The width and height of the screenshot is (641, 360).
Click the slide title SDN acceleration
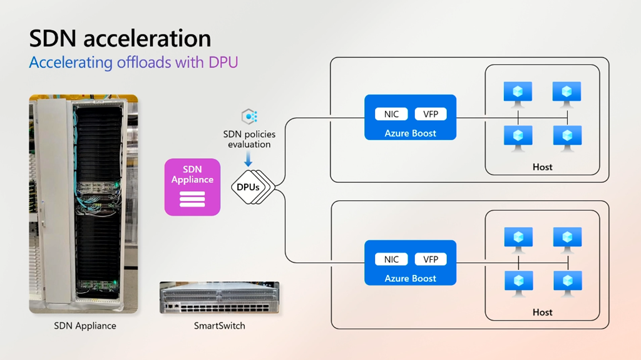coord(120,39)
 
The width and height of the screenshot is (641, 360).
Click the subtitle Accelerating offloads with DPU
coord(133,63)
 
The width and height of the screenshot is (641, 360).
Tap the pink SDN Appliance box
coord(193,187)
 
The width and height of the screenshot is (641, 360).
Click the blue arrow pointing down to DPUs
coord(248,161)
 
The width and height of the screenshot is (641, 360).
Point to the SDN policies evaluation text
coord(249,139)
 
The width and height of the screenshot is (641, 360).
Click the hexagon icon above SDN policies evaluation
coord(249,116)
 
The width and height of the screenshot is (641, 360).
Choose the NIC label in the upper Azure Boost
coord(392,114)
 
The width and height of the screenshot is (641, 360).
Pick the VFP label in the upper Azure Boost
coord(431,114)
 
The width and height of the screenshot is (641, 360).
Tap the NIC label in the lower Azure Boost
coord(392,259)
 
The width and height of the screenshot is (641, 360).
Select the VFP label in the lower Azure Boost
coord(431,259)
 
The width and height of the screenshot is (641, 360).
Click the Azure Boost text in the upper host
coord(411,133)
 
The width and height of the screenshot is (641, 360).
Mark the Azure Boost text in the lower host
coord(411,279)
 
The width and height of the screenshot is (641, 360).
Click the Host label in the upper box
coord(543,167)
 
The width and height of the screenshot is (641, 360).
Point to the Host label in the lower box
coord(543,312)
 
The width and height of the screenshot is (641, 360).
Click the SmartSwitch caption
coord(219,326)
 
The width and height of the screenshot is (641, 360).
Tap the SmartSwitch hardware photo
coord(219,297)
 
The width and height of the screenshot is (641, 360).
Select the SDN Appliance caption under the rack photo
coord(85,326)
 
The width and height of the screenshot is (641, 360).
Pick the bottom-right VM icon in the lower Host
coord(567,282)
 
